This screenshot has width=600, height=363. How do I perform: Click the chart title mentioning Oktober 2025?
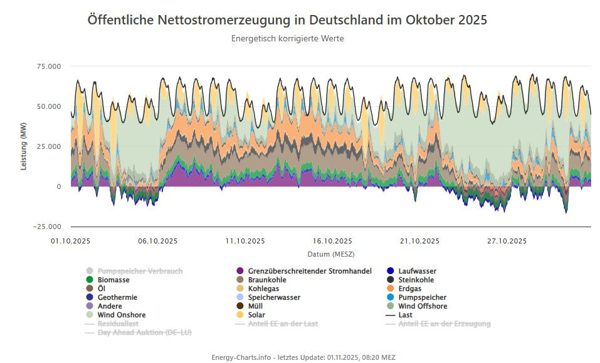(287, 20)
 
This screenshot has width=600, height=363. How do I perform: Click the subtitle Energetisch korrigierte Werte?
(287, 39)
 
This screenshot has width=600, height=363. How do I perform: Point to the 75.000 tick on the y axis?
(50, 66)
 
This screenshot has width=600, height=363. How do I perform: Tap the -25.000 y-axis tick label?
(48, 227)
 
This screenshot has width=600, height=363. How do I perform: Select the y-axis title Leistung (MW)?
(24, 146)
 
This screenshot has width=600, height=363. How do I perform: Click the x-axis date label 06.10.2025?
(158, 241)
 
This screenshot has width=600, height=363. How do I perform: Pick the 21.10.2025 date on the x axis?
(419, 241)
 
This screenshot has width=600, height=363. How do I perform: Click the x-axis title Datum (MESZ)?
(330, 254)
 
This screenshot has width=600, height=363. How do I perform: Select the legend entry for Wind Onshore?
(122, 315)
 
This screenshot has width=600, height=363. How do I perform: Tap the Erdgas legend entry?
(410, 289)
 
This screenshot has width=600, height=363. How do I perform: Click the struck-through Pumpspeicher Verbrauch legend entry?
(140, 271)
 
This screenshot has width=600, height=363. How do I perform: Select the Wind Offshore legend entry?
(423, 306)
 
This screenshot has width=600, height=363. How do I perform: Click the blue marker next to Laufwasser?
(391, 271)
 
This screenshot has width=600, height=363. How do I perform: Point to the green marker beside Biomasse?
(90, 280)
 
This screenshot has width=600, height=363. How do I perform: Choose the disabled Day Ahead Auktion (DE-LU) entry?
(144, 332)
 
